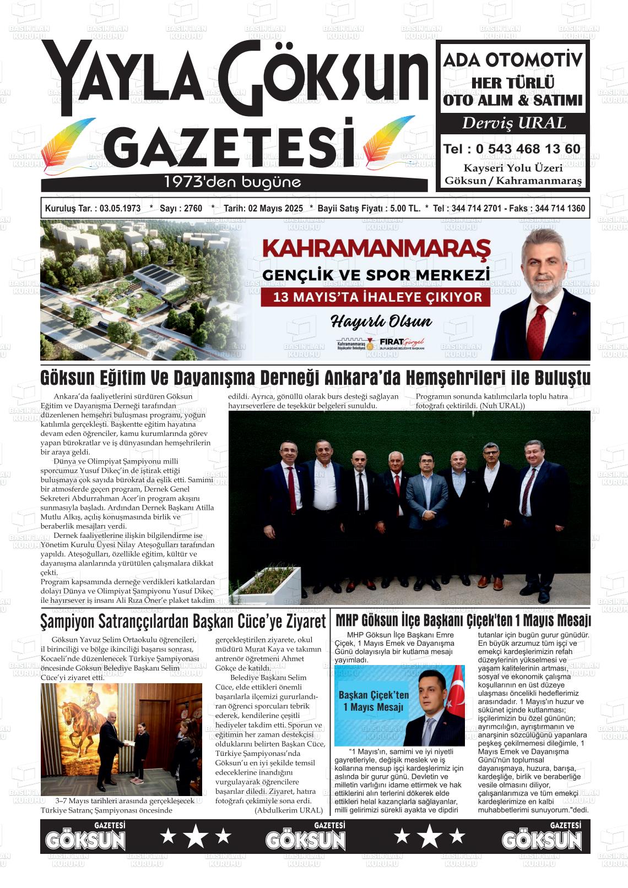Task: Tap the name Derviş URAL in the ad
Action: (x=513, y=123)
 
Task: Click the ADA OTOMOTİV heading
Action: (x=513, y=60)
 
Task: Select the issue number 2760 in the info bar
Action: (x=193, y=209)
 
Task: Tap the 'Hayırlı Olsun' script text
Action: (x=381, y=322)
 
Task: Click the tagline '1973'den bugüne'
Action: (x=232, y=182)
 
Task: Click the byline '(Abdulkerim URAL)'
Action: (x=289, y=810)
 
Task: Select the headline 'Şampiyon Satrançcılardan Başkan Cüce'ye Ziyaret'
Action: (x=183, y=622)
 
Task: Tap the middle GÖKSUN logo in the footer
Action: (x=306, y=838)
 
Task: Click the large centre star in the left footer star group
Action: (x=196, y=836)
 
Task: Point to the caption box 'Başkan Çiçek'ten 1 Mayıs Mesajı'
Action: (x=373, y=701)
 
